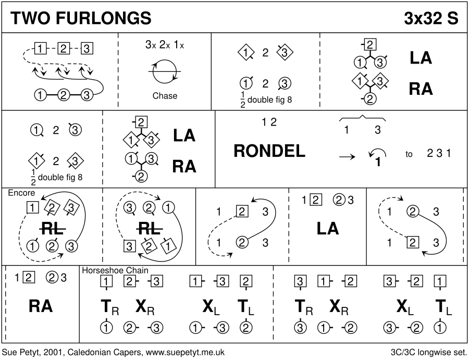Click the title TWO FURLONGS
[x=81, y=18]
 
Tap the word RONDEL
[x=269, y=151]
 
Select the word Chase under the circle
[x=165, y=96]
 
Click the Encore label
[x=21, y=193]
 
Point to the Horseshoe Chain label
[x=115, y=270]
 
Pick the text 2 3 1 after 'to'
[x=439, y=154]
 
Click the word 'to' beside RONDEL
[x=409, y=154]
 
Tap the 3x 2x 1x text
[x=165, y=45]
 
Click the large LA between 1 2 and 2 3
[x=328, y=228]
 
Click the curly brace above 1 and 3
[x=363, y=117]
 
